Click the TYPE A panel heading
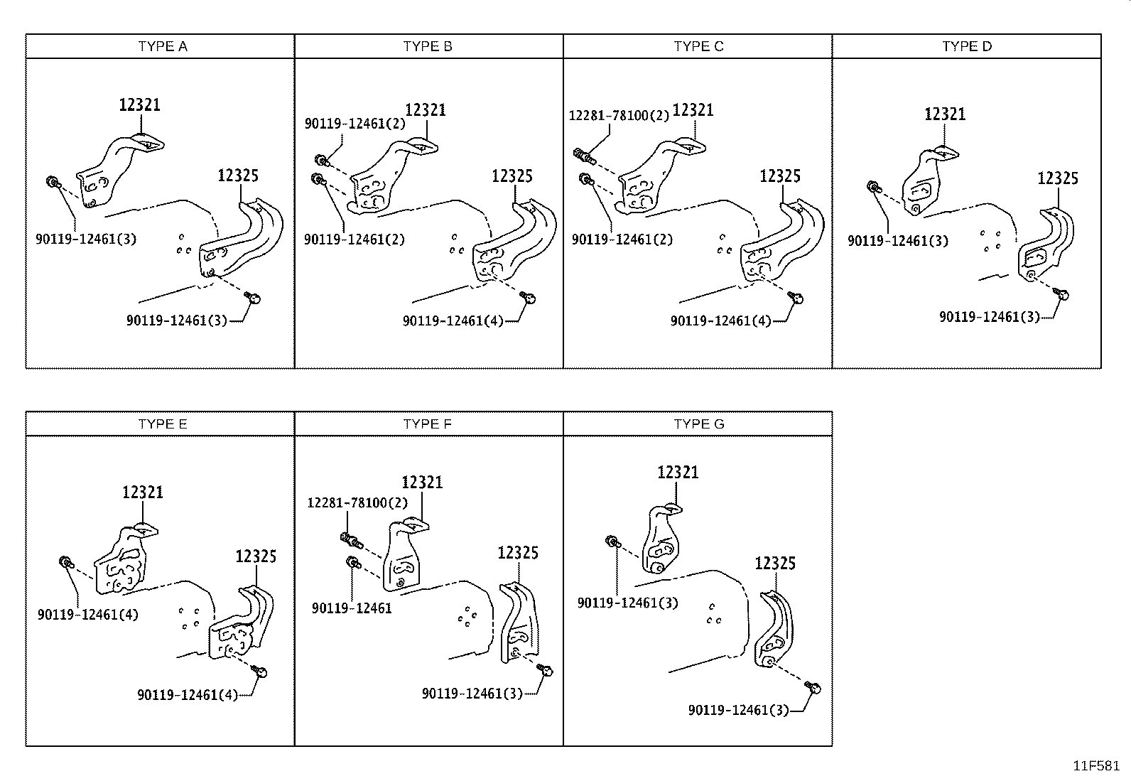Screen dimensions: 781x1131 163,46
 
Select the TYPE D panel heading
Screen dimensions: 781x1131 967,46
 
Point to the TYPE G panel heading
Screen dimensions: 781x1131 699,424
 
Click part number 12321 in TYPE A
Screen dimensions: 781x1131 139,105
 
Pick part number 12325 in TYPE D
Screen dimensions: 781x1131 1058,178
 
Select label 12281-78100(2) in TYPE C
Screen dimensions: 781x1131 619,115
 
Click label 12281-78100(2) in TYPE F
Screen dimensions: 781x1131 357,503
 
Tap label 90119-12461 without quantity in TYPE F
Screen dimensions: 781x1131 352,608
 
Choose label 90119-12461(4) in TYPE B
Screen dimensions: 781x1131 453,321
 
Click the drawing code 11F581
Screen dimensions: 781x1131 1096,766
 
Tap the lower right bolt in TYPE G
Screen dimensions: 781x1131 815,688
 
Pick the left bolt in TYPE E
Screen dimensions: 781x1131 65,562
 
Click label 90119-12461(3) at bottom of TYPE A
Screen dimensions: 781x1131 177,321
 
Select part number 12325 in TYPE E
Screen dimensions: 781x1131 256,556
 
